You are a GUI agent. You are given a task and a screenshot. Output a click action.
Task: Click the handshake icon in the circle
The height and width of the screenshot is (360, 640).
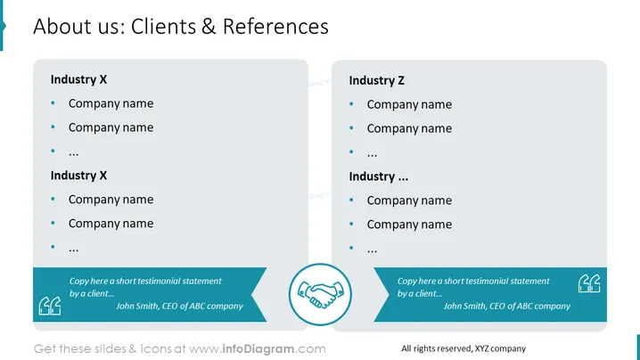(x=320, y=294)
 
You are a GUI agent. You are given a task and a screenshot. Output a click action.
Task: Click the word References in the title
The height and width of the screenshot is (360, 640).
(x=275, y=27)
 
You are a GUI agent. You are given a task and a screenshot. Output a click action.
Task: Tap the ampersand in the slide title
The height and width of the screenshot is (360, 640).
(x=209, y=27)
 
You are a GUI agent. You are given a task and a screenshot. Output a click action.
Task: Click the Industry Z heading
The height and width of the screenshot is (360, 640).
(x=376, y=80)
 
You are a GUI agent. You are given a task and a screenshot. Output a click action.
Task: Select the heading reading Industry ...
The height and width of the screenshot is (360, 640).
(x=378, y=176)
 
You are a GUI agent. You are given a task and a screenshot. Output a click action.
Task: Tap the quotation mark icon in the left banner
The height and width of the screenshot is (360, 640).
(x=50, y=307)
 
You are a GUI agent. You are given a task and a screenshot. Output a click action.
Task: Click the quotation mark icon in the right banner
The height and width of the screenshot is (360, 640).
(x=589, y=283)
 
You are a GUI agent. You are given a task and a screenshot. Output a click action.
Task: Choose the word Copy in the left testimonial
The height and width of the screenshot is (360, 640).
(x=78, y=282)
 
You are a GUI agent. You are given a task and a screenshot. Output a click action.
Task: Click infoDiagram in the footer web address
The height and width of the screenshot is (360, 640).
(x=258, y=349)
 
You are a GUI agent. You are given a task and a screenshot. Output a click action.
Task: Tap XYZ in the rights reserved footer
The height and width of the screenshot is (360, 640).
(x=481, y=348)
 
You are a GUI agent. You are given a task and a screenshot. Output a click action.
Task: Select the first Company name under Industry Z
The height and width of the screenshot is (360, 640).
(x=409, y=104)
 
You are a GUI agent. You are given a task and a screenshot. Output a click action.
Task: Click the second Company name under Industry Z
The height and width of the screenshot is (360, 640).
(x=409, y=128)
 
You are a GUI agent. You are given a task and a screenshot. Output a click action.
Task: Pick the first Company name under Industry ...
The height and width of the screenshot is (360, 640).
(x=409, y=200)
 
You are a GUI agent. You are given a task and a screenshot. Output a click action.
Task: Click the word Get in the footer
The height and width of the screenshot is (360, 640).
(x=45, y=349)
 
